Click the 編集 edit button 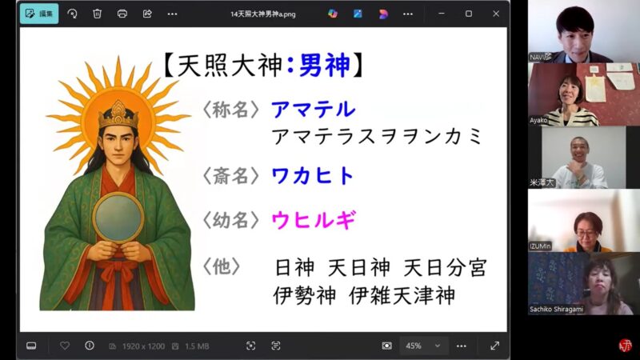[x=39, y=14]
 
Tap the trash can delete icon [x=97, y=14]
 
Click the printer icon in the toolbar [x=122, y=14]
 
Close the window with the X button [x=496, y=14]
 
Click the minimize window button [x=443, y=14]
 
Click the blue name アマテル [x=313, y=109]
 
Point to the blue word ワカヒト [x=313, y=176]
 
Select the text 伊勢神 [x=305, y=295]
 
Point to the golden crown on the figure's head [x=117, y=113]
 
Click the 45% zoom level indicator [x=414, y=346]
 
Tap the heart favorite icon [x=65, y=346]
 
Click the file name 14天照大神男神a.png [x=263, y=14]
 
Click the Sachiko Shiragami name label [x=557, y=309]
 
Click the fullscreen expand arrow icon [x=494, y=346]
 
